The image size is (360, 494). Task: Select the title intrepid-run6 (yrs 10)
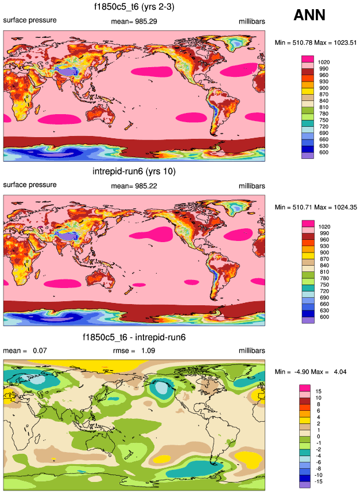(134, 171)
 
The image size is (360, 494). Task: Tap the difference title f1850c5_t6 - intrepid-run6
(134, 337)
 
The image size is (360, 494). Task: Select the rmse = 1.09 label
(133, 351)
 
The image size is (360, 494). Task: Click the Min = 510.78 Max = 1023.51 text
(316, 42)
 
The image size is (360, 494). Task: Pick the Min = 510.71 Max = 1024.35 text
(316, 207)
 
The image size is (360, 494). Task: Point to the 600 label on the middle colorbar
(323, 317)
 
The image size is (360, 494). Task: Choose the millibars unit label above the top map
(252, 22)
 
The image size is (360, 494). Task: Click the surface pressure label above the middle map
(30, 185)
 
